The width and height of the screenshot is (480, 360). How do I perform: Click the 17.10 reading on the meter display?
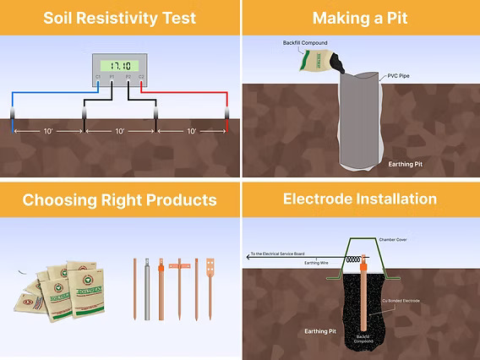pos(119,65)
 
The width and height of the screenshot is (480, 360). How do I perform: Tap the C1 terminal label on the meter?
pos(98,77)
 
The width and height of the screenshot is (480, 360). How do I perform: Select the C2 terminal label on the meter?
pos(141,77)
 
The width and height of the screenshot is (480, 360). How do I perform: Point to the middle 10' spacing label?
pos(119,132)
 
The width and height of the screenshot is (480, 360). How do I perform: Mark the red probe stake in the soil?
pos(228,118)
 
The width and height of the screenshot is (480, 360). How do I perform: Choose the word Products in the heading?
pos(178,199)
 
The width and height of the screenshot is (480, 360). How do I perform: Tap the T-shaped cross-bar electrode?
pos(179,283)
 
